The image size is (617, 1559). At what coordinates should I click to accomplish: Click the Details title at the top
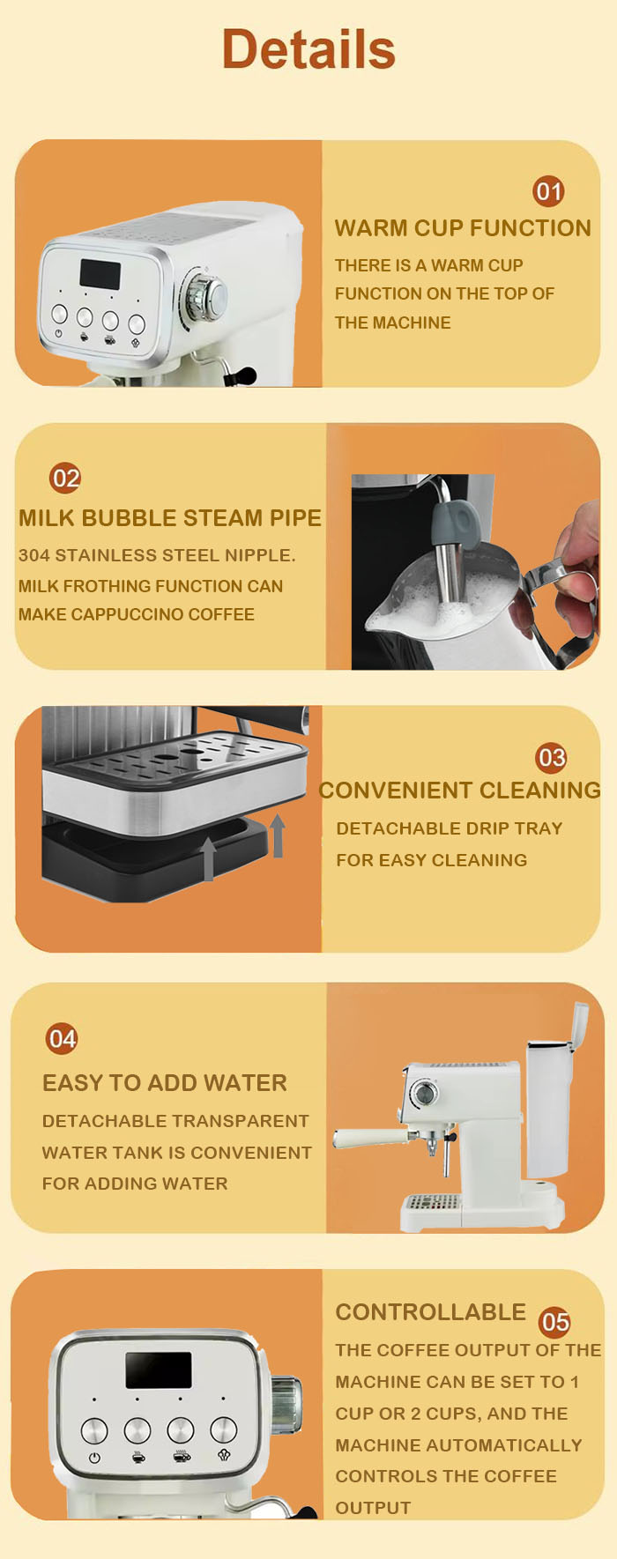pos(308,49)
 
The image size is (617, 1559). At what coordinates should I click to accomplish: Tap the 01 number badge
pos(548,191)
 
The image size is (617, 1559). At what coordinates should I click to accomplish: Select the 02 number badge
pos(65,478)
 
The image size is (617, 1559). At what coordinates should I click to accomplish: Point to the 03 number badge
pos(552,757)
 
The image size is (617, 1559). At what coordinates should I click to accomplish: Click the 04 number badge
pos(62,1038)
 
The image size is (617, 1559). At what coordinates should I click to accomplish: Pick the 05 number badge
pos(554,1321)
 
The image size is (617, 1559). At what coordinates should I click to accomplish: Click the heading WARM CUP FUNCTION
pos(463,228)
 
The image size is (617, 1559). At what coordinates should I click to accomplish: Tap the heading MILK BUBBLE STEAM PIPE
pos(170,517)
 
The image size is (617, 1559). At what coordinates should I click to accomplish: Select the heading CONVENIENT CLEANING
pos(459,790)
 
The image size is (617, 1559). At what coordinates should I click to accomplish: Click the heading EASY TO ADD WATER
pos(165,1082)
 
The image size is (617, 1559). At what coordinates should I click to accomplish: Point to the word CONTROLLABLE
pos(430,1311)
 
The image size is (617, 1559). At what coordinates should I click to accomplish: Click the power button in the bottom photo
pos(94,1430)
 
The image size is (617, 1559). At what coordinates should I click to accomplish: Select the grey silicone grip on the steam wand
pos(461,522)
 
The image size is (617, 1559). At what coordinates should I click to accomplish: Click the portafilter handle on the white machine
pos(370,1138)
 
